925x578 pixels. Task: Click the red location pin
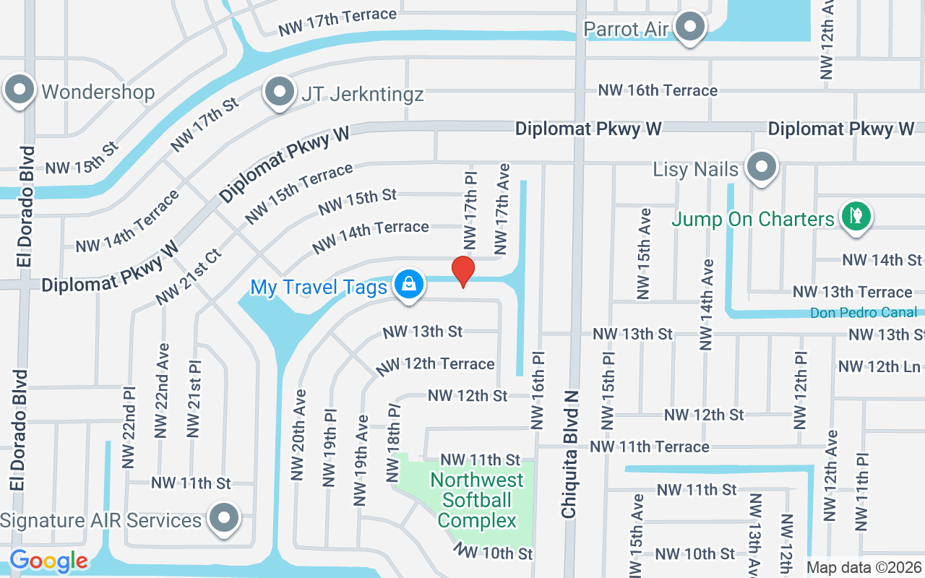pyautogui.click(x=463, y=272)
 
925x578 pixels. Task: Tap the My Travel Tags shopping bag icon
pyautogui.click(x=409, y=284)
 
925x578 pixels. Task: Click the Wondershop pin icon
pyautogui.click(x=20, y=90)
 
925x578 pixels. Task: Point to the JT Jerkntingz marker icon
pyautogui.click(x=279, y=92)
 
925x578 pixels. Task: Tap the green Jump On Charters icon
pyautogui.click(x=856, y=217)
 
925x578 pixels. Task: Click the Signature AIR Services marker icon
pyautogui.click(x=224, y=517)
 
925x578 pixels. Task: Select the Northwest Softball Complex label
pyautogui.click(x=477, y=500)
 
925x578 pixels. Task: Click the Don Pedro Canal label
pyautogui.click(x=864, y=313)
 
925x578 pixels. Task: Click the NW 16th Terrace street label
pyautogui.click(x=658, y=90)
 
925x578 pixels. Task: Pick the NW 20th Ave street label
pyautogui.click(x=298, y=435)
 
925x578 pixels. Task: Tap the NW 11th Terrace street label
pyautogui.click(x=649, y=447)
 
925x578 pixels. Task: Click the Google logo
pyautogui.click(x=48, y=561)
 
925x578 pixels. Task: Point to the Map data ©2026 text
pyautogui.click(x=864, y=568)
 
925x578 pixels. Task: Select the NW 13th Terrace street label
pyautogui.click(x=852, y=292)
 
